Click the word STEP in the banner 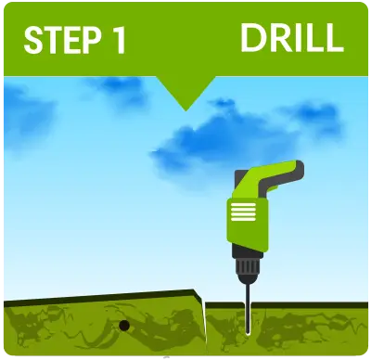[x=62, y=41]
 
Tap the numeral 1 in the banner [x=119, y=41]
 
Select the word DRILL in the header [x=292, y=38]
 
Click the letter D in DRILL [x=252, y=38]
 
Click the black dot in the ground [x=124, y=325]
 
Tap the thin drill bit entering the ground [x=248, y=310]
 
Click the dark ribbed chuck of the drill [x=247, y=268]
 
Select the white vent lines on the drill [x=243, y=212]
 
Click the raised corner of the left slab [x=195, y=291]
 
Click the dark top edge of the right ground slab [x=287, y=305]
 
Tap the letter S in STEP [x=33, y=41]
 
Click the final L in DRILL [x=335, y=38]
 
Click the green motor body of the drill [x=247, y=224]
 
